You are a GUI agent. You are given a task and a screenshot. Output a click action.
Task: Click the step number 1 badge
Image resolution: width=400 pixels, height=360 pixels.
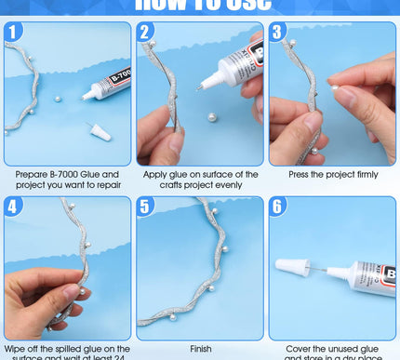coord(12,33)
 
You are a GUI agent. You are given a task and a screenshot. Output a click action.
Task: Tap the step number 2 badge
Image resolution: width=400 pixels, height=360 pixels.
coord(146,33)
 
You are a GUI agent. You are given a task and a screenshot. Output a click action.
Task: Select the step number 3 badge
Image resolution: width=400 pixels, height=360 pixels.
coord(278,33)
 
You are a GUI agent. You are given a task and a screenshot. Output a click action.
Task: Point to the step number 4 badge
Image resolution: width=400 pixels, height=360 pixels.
coord(12,207)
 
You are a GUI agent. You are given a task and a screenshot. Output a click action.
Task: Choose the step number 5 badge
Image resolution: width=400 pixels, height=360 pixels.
coord(146,207)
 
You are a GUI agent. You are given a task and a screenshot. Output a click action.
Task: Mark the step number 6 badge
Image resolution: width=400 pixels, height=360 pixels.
coord(278,207)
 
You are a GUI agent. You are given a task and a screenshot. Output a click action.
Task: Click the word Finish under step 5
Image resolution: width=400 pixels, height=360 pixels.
coord(200,349)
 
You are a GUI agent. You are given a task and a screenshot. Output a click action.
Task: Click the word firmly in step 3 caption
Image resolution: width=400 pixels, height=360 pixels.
coord(364,174)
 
